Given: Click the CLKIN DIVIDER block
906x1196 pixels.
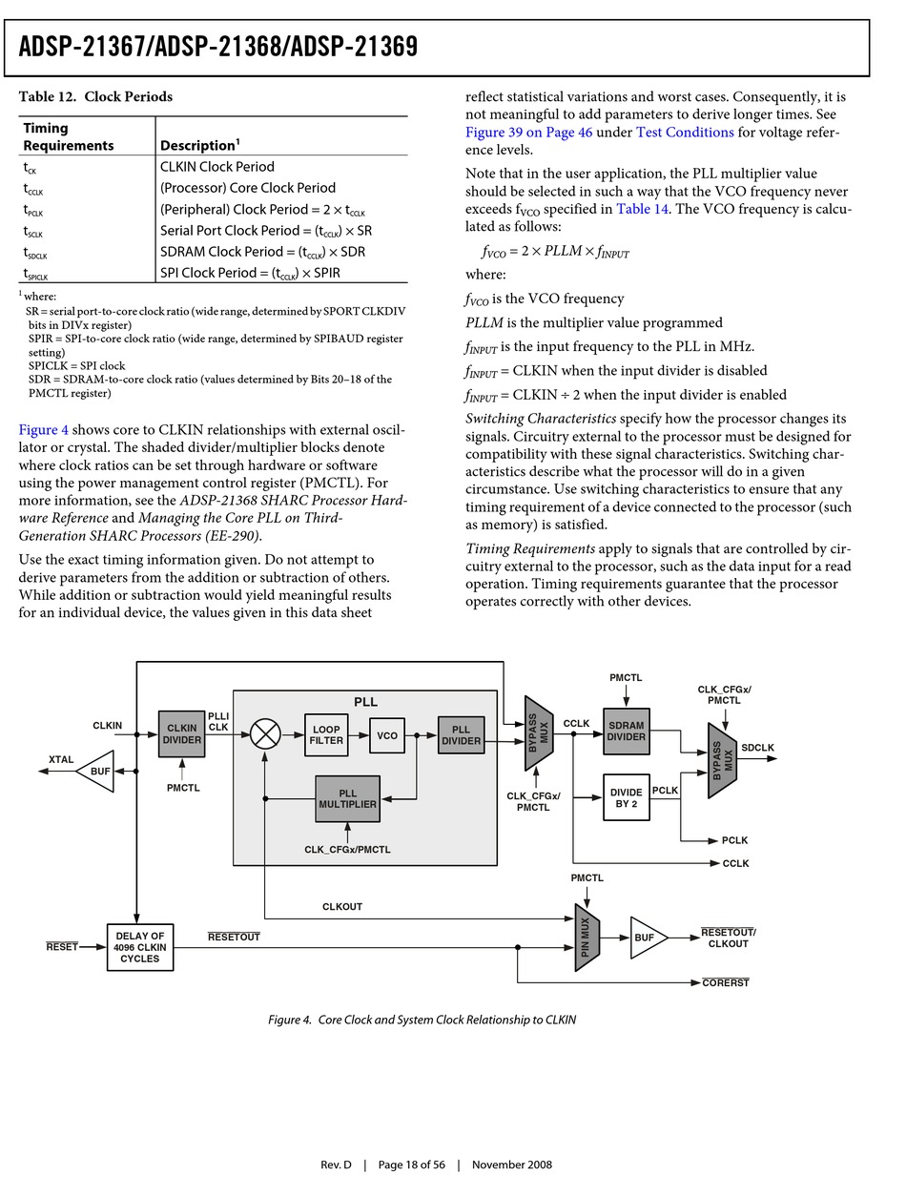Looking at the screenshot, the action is coord(181,733).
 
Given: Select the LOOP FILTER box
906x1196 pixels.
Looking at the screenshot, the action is coord(326,734).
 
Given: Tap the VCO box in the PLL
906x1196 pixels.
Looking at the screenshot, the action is coord(387,735).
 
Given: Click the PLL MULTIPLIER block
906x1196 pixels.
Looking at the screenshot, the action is coord(347,799).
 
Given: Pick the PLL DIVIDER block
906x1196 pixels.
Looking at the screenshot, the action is coord(461,734).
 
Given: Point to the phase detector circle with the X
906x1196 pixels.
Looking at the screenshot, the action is coord(265,734).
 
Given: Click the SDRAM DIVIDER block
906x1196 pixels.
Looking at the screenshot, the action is coord(626,731).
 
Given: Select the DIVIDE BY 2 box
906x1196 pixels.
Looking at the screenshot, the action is coord(626,797).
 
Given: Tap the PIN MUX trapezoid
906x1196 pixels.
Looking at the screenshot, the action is coord(587,938).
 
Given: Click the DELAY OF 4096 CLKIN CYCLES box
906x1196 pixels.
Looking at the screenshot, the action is coord(140,947).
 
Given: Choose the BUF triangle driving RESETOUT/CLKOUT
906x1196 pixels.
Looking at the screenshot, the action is coord(649,938).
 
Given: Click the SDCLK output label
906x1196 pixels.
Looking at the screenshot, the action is coord(757,748).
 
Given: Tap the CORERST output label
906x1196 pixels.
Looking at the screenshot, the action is coord(725,982).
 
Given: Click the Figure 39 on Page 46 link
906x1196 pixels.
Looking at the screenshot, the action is coord(528,133).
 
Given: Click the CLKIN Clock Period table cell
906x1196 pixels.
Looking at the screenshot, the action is coord(216,167).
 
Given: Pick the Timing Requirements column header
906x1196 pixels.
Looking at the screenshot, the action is coord(69,136).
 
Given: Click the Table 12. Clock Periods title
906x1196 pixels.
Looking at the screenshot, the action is coord(95,96).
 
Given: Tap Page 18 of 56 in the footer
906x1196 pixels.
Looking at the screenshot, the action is coord(411,1165).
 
